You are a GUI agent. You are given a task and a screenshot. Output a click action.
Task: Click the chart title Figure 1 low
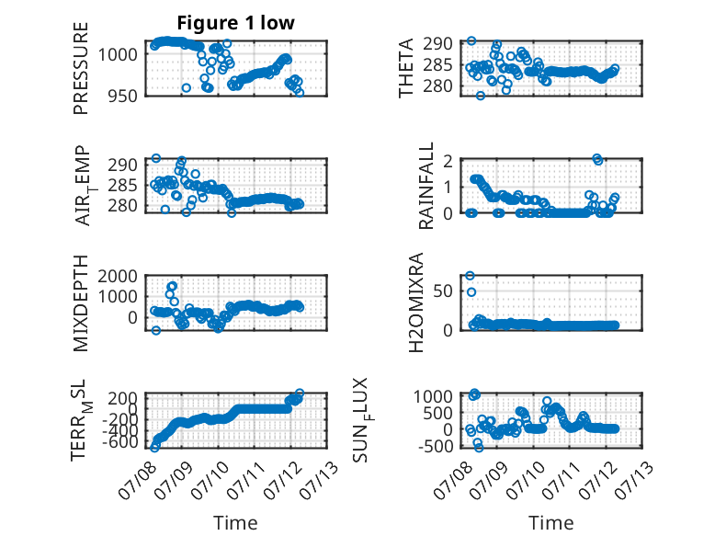[236, 23]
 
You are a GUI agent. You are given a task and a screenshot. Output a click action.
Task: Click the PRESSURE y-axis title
[80, 68]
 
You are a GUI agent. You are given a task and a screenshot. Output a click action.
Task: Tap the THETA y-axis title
[405, 68]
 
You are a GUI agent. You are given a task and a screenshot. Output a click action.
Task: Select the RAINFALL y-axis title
[426, 186]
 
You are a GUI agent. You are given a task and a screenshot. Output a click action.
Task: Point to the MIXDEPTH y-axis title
[80, 302]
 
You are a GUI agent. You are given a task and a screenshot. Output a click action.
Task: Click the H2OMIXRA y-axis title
[416, 302]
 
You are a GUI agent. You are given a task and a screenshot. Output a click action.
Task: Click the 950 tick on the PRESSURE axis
[121, 97]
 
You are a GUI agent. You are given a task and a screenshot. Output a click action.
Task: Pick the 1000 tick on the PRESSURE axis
[118, 55]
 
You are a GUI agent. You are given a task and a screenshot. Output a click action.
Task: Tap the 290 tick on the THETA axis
[437, 44]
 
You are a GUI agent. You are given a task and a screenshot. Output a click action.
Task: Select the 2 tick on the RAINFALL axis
[448, 161]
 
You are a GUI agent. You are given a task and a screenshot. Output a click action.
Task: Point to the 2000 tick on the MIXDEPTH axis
[118, 276]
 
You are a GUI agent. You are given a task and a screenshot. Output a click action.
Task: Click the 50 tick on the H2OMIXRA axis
[443, 291]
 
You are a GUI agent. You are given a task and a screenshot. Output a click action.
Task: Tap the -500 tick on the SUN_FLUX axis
[436, 446]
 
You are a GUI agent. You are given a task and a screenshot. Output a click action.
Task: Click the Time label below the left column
[235, 523]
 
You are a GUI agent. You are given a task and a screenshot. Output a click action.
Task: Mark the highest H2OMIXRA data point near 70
[471, 276]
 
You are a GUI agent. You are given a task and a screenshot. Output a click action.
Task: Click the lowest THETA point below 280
[480, 96]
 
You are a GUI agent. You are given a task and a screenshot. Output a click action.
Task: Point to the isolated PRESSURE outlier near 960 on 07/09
[186, 87]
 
